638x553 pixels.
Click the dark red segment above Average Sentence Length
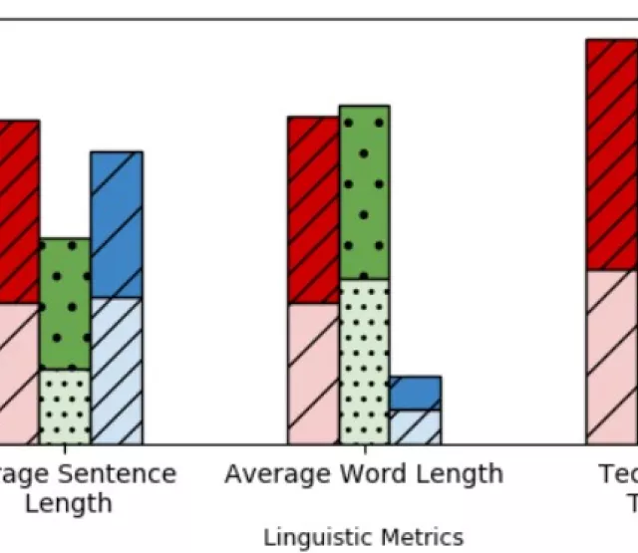click(x=19, y=211)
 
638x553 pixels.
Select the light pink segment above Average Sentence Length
click(x=19, y=374)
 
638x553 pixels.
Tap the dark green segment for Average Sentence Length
click(x=65, y=304)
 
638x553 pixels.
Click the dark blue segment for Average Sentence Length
click(x=116, y=224)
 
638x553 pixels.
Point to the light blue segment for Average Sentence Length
click(x=116, y=371)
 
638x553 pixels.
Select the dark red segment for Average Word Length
click(x=313, y=209)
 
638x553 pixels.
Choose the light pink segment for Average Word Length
click(x=313, y=374)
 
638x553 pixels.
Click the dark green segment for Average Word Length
click(x=364, y=191)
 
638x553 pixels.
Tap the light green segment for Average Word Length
click(x=364, y=362)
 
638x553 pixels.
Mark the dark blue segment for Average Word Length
click(x=415, y=393)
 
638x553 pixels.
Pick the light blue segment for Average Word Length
click(x=415, y=426)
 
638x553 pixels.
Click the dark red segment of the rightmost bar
click(x=612, y=154)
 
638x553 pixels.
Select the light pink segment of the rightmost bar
click(x=612, y=357)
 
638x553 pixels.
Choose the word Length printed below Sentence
click(x=68, y=503)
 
